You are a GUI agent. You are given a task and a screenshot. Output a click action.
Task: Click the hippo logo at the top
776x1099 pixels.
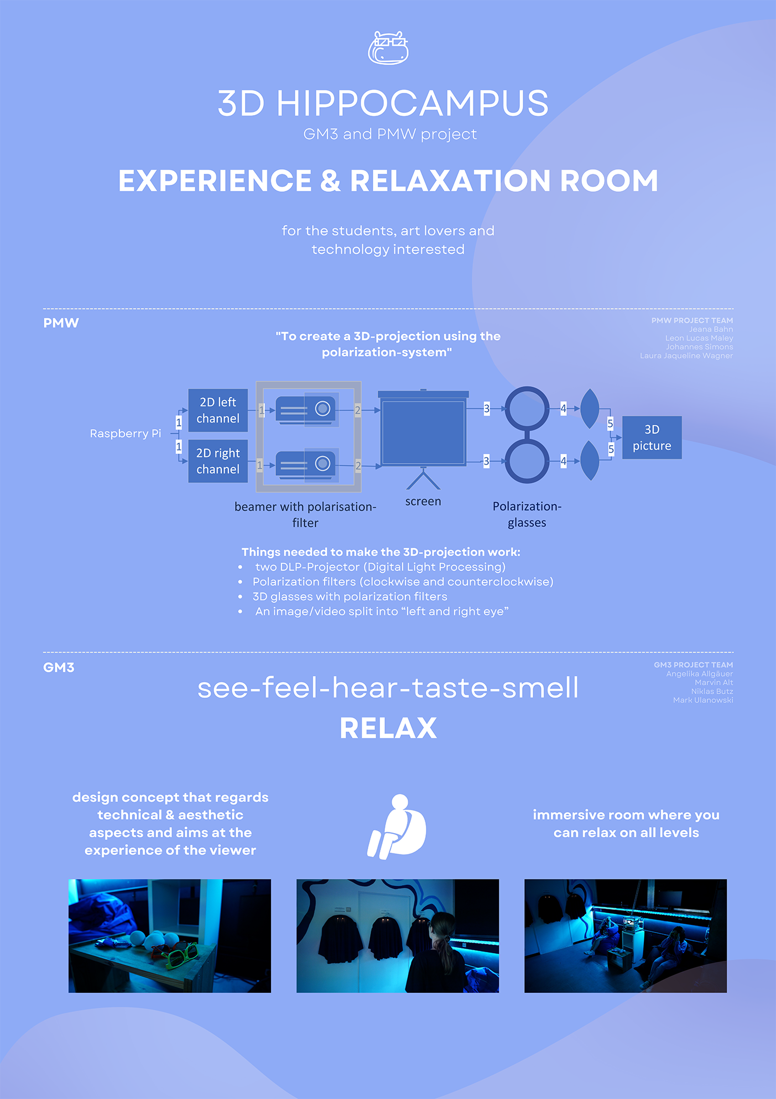[388, 48]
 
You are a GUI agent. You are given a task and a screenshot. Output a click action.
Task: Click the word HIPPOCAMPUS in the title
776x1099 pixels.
[412, 103]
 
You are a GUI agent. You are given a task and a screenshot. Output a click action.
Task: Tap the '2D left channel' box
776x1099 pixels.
[218, 410]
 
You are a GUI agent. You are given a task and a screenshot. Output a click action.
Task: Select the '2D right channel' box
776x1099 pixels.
[218, 461]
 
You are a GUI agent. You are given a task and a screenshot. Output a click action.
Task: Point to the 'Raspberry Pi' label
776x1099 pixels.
[126, 434]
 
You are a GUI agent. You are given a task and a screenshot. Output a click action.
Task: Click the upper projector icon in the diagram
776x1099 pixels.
[306, 409]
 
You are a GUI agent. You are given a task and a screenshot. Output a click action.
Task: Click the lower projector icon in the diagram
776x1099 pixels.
[306, 464]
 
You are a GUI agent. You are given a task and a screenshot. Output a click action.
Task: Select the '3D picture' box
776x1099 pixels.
[652, 437]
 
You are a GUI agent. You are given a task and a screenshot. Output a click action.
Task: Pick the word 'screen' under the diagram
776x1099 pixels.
[423, 502]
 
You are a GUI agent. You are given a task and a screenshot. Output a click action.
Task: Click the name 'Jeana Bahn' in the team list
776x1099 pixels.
[711, 329]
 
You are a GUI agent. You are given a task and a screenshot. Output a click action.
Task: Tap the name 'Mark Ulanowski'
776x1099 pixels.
[703, 700]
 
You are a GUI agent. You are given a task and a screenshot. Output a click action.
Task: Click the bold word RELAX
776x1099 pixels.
[388, 728]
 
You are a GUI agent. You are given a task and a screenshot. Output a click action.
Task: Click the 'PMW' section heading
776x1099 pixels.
[61, 323]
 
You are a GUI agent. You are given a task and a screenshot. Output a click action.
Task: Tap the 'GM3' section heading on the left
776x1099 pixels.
[59, 668]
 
